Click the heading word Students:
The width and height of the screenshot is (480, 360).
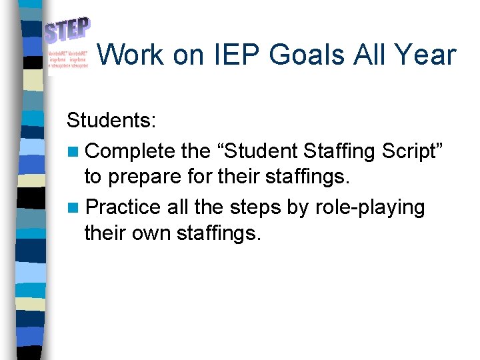coord(111,121)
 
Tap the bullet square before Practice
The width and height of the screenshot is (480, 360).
coord(73,208)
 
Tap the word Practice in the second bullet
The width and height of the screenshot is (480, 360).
coord(123,207)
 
